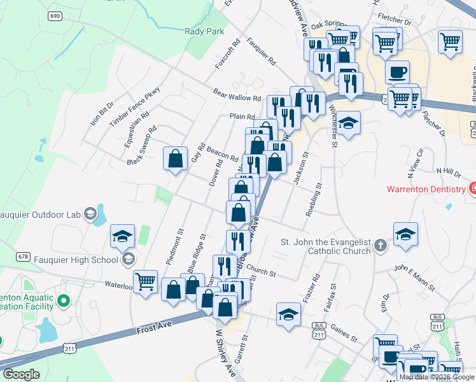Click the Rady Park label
[204, 31]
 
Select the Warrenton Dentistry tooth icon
[473, 188]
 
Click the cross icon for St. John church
[380, 245]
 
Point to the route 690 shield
[54, 15]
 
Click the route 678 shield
[24, 257]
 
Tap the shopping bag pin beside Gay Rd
[175, 159]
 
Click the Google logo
[21, 374]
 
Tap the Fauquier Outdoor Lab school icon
[91, 213]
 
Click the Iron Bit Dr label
[102, 113]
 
